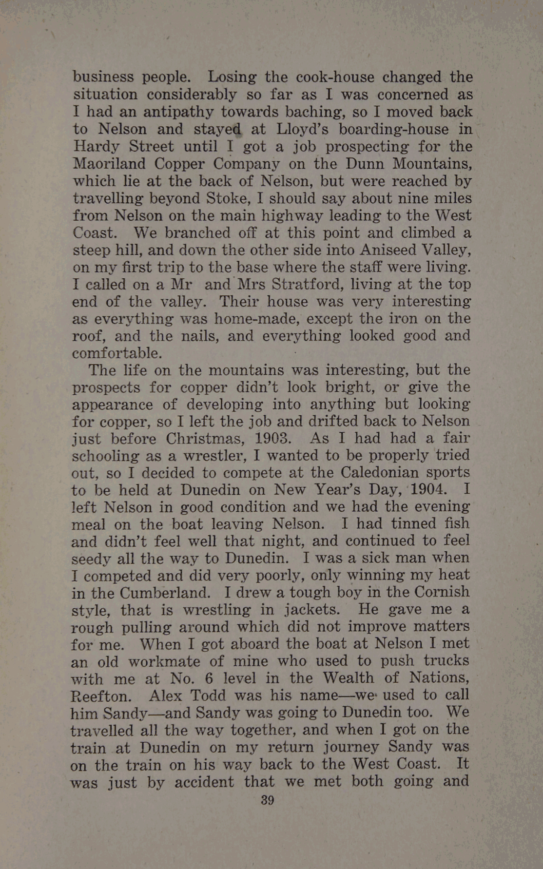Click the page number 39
tap(268, 800)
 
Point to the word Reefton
tap(100, 695)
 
